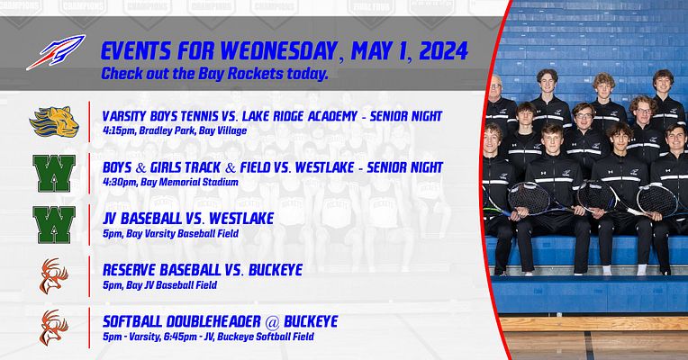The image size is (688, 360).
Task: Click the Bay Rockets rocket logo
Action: tap(55, 52)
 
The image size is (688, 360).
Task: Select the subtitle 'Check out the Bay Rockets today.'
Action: tap(214, 73)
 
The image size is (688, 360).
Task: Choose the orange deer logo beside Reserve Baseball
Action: tap(53, 274)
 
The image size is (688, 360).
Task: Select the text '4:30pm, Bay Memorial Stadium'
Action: tap(170, 183)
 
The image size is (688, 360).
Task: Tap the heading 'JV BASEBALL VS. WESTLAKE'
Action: tap(188, 219)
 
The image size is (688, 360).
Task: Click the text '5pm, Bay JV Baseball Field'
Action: tap(159, 285)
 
